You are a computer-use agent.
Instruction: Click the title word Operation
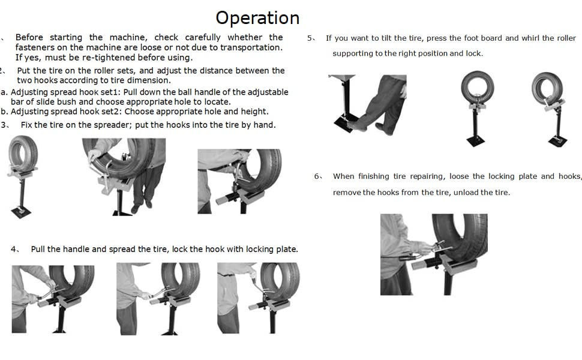pos(257,18)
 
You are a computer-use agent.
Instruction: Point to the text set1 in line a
pos(110,92)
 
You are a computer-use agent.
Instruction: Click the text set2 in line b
pos(110,112)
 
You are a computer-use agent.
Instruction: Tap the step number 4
pos(14,249)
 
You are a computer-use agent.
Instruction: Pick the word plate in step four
pos(287,249)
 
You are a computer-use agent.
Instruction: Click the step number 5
pos(310,38)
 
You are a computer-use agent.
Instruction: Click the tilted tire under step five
pos(547,88)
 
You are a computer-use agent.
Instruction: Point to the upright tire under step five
pos(478,87)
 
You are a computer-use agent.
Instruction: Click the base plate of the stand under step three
pos(21,212)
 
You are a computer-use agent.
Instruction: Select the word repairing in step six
pos(427,176)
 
